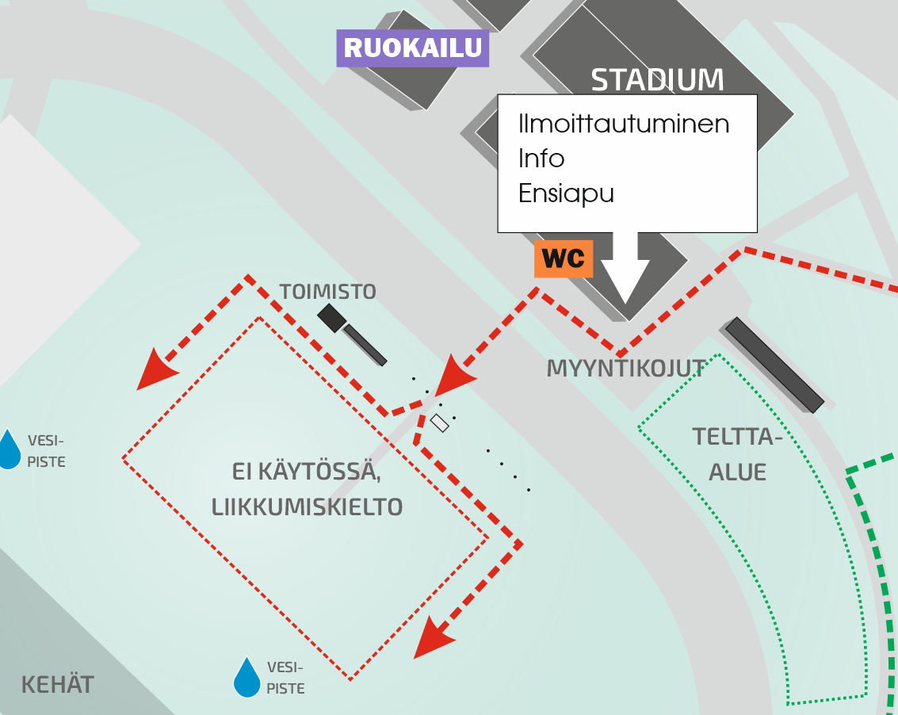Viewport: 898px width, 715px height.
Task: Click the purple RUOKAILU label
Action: coord(412,48)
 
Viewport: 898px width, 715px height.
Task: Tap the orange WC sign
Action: coord(564,259)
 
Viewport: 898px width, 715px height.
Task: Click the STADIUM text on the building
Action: coord(658,80)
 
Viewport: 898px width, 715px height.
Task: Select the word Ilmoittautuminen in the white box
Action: coord(624,124)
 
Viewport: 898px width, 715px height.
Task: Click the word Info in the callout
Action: coord(541,158)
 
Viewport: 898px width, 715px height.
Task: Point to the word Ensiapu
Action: coord(566,193)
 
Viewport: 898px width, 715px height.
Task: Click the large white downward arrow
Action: coord(625,267)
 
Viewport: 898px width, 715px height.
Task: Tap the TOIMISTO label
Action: coord(327,292)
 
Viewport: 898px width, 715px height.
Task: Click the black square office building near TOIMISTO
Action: coord(331,317)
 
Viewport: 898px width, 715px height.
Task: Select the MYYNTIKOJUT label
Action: coord(626,369)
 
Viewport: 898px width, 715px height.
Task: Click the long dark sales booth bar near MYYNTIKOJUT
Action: coord(774,365)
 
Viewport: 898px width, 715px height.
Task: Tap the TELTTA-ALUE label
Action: coord(738,454)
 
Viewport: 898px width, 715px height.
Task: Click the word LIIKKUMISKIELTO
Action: coord(307,507)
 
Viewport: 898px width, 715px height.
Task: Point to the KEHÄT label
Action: coord(57,685)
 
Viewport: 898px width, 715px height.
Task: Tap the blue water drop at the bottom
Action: coord(246,677)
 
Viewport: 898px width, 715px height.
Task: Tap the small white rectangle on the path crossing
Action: coord(439,422)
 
